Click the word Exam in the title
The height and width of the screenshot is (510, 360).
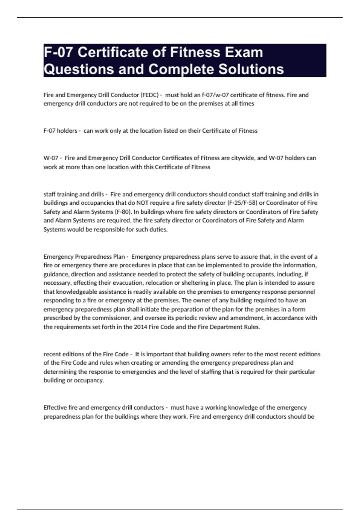coord(244,52)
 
